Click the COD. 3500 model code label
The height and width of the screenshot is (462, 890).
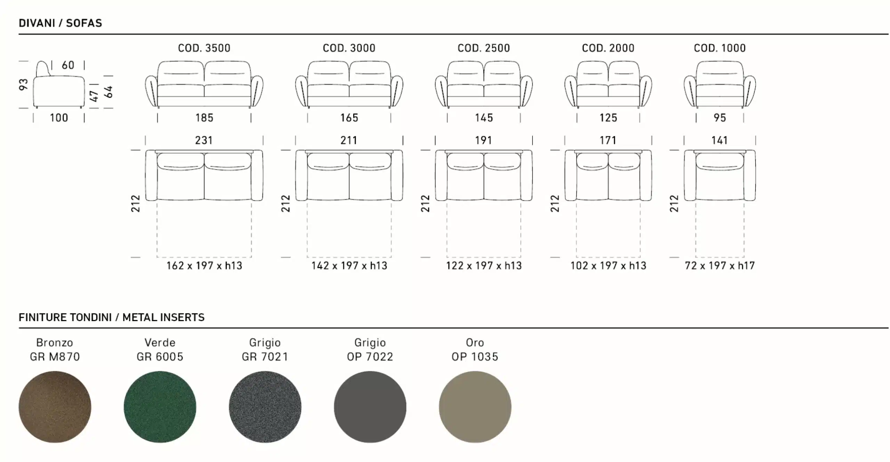click(x=204, y=48)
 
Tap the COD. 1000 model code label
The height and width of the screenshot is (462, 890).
click(x=720, y=48)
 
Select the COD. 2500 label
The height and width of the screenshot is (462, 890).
click(x=484, y=48)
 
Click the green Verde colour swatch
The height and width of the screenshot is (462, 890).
click(x=160, y=407)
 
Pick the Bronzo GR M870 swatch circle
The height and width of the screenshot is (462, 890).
click(x=55, y=407)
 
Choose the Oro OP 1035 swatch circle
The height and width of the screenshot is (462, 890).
click(x=475, y=407)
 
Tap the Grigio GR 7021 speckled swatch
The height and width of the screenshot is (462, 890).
click(x=265, y=407)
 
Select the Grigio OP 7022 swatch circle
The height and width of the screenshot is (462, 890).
click(x=370, y=407)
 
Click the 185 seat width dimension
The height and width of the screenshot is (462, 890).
click(x=204, y=118)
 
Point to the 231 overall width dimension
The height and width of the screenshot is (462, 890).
click(x=204, y=140)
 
